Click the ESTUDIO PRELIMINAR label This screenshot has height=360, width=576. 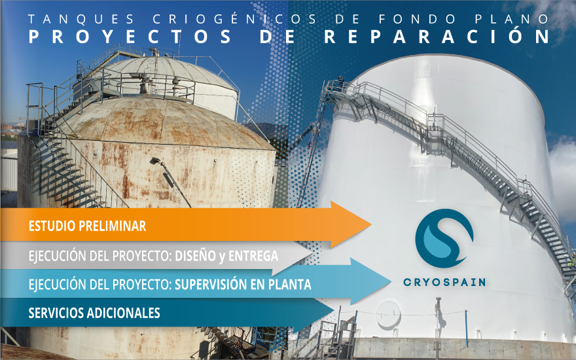click(87, 226)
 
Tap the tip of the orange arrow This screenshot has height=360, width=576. click(370, 225)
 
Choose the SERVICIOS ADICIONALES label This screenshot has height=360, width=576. click(94, 314)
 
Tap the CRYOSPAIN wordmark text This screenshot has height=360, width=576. click(444, 283)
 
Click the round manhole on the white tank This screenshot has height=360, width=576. click(388, 314)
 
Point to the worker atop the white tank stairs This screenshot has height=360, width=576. click(341, 82)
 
